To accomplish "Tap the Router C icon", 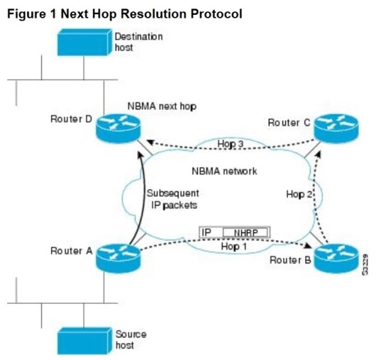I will (335, 129).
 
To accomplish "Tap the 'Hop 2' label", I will (299, 193).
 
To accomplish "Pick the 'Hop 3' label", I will (231, 144).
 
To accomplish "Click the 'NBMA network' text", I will (224, 171).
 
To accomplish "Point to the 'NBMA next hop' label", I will (161, 105).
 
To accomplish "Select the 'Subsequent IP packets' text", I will (173, 200).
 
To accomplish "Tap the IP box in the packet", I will (208, 232).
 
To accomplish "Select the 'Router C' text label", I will (289, 123).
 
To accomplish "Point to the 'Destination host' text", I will (139, 42).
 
